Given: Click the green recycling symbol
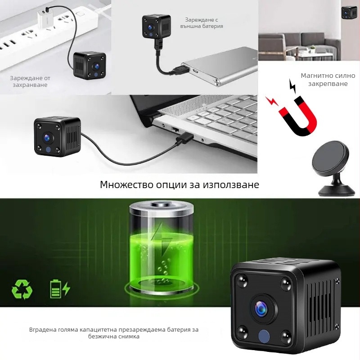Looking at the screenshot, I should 21,289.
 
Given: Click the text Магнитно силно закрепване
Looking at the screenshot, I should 328,80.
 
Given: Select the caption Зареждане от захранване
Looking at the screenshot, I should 30,81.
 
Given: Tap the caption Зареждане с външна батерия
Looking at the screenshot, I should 204,23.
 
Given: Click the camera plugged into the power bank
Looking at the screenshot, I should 157,28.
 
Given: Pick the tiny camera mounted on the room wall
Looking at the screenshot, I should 349,12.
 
